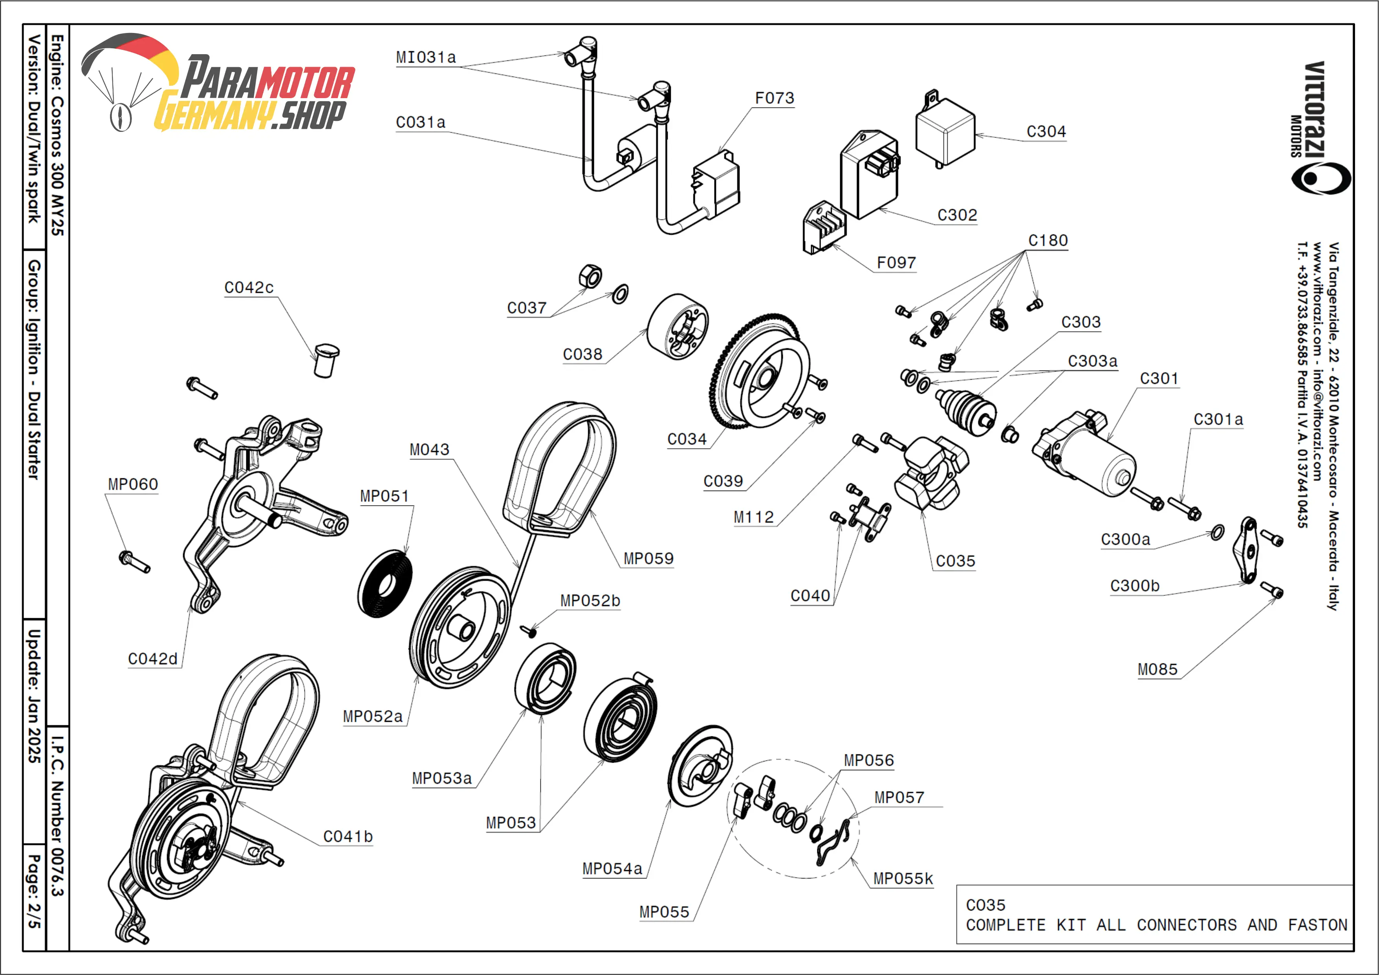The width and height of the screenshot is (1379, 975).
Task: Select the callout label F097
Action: (896, 263)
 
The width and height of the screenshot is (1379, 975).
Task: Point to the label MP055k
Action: (903, 879)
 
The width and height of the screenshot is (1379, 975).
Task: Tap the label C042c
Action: (249, 288)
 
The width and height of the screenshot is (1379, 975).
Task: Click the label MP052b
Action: (590, 601)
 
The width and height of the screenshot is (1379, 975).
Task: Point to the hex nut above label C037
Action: (590, 276)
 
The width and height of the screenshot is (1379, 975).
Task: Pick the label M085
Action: (1157, 669)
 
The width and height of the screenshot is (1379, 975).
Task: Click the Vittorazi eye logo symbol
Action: (1321, 178)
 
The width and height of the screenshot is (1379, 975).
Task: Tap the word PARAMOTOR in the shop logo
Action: (267, 79)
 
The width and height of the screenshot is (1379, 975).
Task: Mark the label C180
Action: (1048, 241)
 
